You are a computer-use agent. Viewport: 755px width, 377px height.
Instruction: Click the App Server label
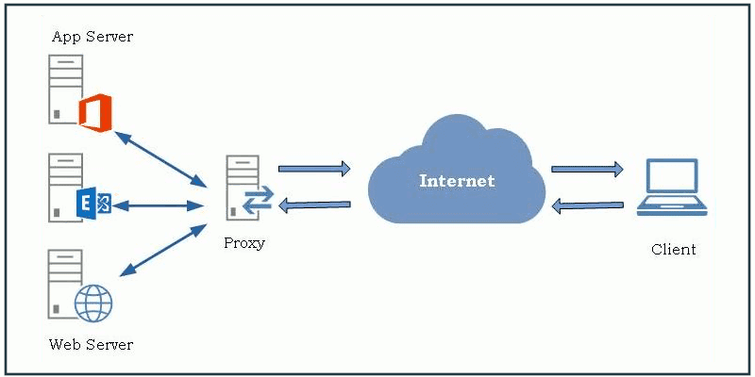coord(92,37)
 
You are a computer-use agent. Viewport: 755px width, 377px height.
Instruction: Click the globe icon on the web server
coord(93,303)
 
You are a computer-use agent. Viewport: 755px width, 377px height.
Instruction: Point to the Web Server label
coord(91,344)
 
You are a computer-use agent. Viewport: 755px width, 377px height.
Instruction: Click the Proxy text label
coord(244,243)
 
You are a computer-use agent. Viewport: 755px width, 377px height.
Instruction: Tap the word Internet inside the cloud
coord(457,180)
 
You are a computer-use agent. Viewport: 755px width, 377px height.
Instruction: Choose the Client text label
coord(673,250)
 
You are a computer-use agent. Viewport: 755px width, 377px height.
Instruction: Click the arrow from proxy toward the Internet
coord(314,169)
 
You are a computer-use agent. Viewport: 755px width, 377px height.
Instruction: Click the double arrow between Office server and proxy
coord(160,156)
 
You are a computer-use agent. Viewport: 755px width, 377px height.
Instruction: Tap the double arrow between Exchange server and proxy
coord(160,204)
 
